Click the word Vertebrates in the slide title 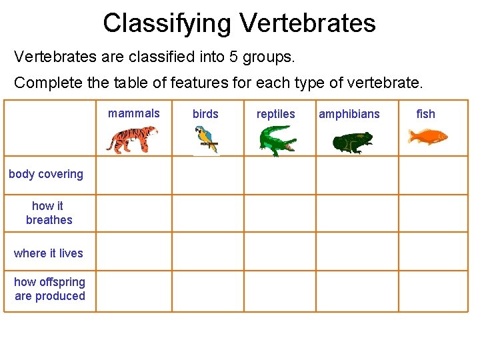pos(307,23)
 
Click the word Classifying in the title pos(167,23)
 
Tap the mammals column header pos(134,113)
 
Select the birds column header pos(205,114)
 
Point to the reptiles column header pos(275,114)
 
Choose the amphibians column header pos(349,114)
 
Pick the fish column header pos(425,114)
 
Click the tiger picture pos(131,140)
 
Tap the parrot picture pos(205,141)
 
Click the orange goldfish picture pos(427,137)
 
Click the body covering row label pos(46,174)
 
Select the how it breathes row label pos(49,213)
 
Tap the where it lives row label pos(49,253)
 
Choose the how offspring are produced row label pos(50,289)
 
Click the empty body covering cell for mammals pos(134,175)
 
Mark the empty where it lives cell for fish pos(433,252)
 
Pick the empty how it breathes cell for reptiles pos(279,213)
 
